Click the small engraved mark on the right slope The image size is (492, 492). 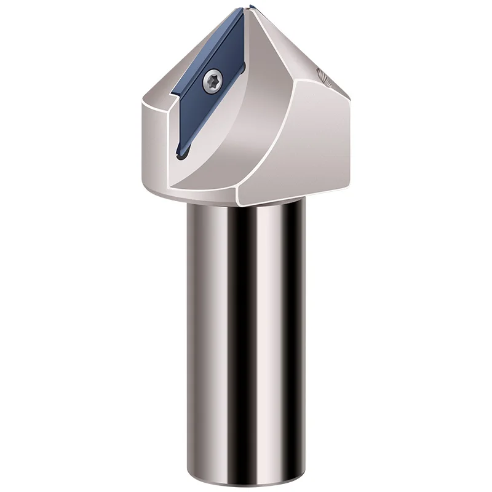[322, 76]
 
